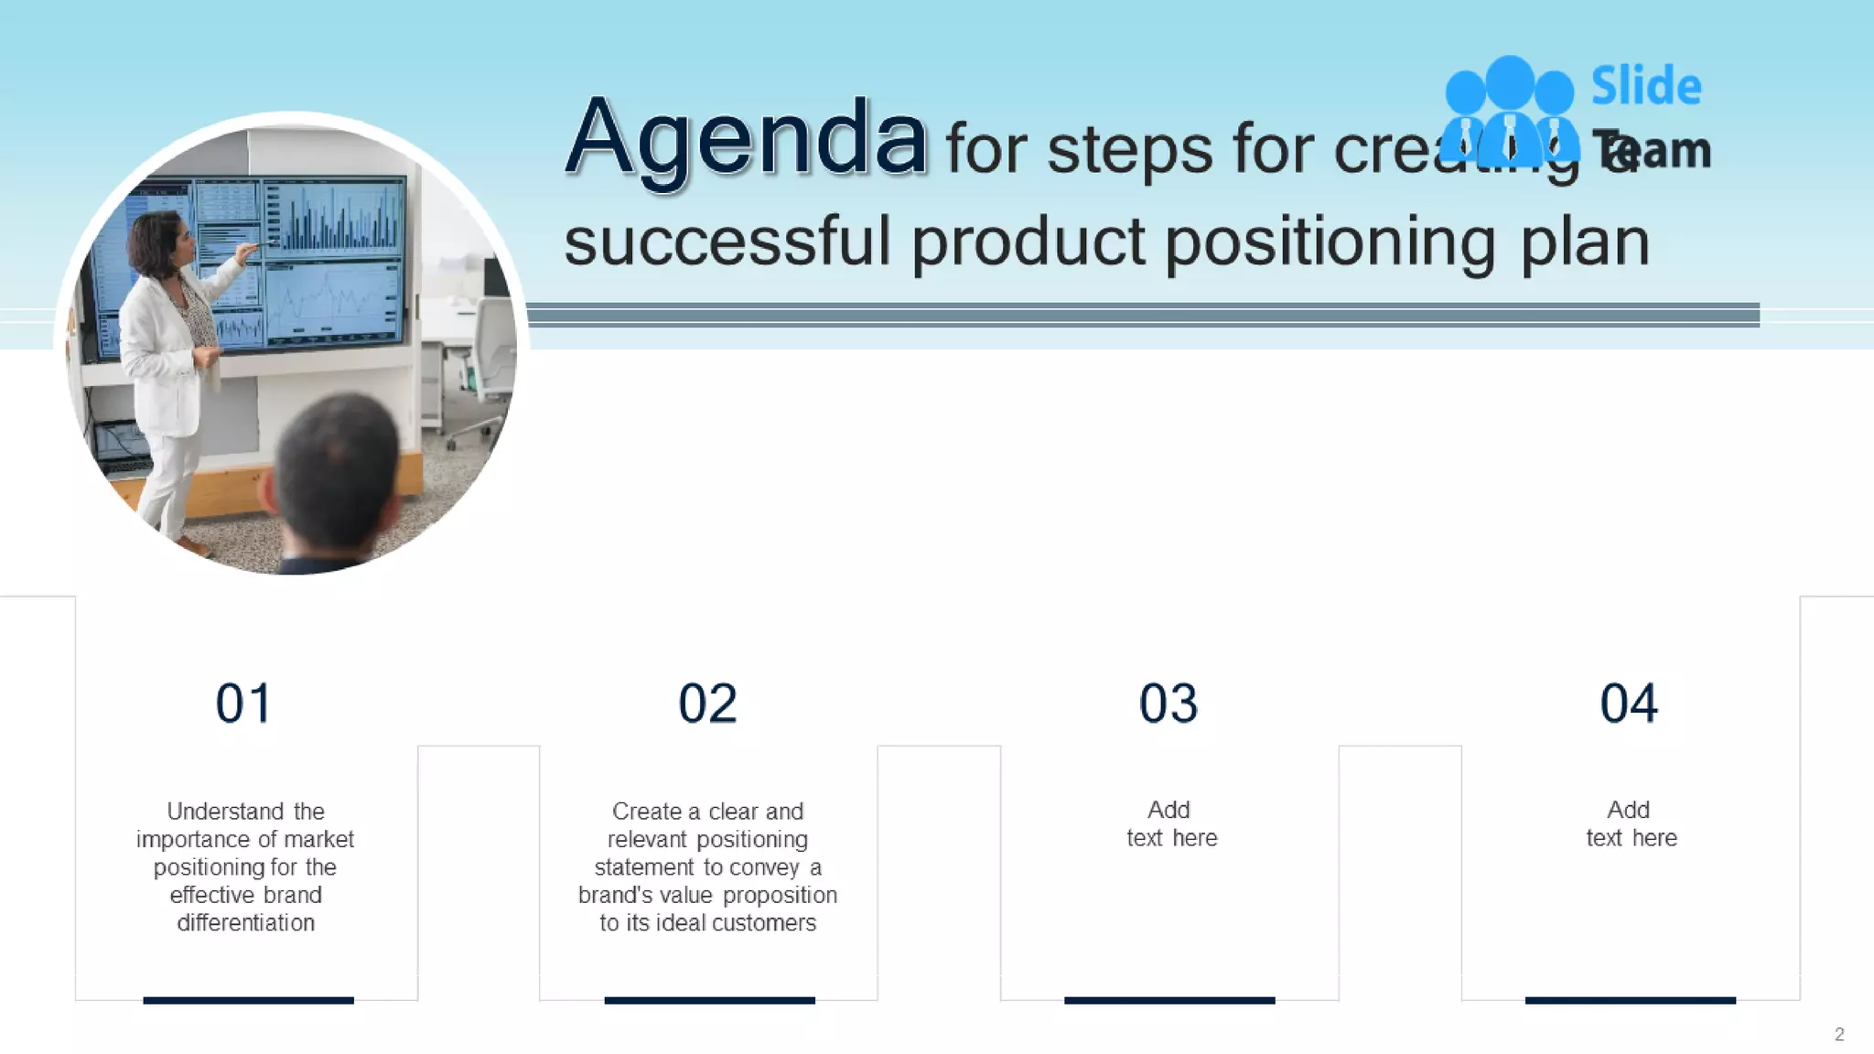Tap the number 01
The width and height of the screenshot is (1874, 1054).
coord(243,704)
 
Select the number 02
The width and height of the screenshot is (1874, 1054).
coord(707,704)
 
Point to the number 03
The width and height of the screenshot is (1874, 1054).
coord(1169,704)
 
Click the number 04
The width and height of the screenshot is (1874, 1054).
coord(1629,704)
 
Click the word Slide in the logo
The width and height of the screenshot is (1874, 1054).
coord(1646,86)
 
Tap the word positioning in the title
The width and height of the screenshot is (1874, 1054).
coord(1330,243)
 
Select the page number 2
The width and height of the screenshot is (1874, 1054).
coord(1839,1034)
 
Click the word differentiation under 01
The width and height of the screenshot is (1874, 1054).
coord(245,922)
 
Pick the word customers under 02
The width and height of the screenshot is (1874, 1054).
coord(764,922)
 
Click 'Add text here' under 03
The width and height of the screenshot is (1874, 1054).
coord(1170,823)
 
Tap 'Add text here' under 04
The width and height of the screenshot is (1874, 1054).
coord(1631,823)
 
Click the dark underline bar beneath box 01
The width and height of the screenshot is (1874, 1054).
coord(248,1000)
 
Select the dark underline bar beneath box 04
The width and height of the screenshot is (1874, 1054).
coord(1630,1000)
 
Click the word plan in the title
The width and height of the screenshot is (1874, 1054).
coord(1586,243)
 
